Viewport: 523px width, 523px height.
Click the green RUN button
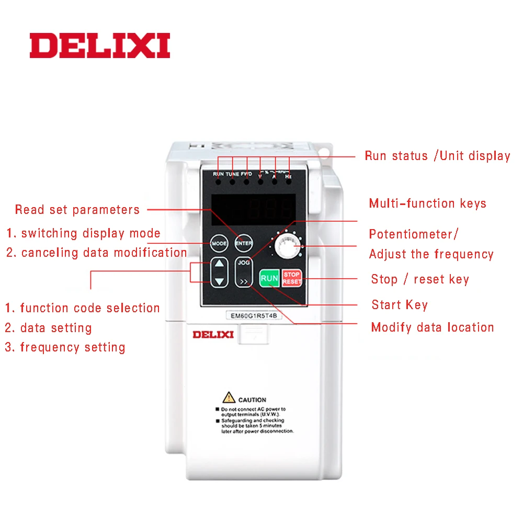[269, 278]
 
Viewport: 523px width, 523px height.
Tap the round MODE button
[219, 244]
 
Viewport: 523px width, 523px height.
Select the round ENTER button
[244, 244]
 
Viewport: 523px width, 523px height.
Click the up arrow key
[219, 264]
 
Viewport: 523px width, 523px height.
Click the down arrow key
[219, 282]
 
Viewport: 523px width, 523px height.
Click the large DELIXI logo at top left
[100, 46]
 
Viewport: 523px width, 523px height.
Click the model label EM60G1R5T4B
[254, 315]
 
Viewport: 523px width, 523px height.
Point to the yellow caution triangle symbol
[229, 397]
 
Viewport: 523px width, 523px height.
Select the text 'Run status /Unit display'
[437, 156]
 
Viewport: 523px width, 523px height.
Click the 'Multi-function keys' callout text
[427, 203]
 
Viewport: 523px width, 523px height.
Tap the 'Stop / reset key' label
[420, 279]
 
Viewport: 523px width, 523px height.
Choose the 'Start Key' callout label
[400, 304]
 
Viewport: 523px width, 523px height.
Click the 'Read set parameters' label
[77, 210]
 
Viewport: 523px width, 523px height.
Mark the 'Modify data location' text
[433, 327]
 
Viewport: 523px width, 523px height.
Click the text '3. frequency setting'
[65, 347]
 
